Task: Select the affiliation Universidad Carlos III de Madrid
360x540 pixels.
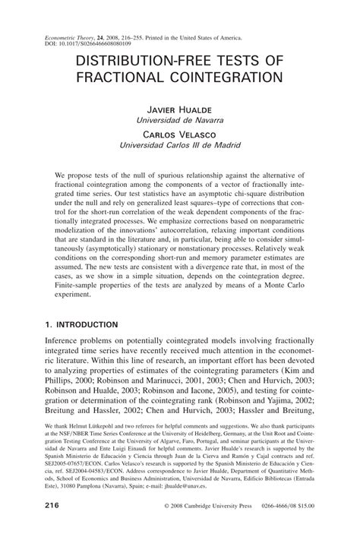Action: point(178,144)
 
